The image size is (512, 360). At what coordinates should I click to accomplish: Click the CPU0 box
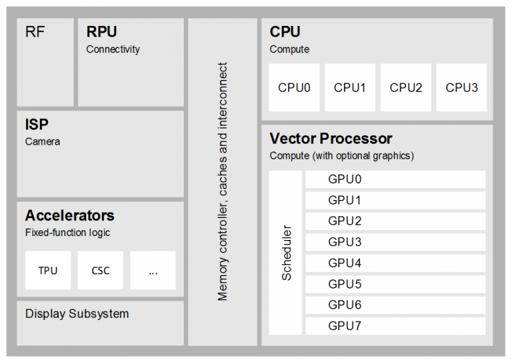294,87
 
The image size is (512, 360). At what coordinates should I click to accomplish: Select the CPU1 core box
350,87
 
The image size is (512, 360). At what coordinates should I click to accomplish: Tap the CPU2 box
406,87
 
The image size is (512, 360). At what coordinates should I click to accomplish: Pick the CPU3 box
461,87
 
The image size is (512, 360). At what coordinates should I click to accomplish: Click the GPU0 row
395,179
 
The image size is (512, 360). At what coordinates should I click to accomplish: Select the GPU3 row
395,242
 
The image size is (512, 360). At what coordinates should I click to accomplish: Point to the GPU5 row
395,284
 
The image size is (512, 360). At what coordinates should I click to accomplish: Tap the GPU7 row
395,326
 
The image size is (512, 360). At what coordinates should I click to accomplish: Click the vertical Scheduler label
287,253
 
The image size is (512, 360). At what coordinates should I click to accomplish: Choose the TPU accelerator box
47,270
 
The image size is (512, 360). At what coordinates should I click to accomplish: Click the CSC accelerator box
100,270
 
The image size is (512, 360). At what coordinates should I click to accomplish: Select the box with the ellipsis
153,270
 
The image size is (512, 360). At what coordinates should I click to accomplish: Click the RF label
35,32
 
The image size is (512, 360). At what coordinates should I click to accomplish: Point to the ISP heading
37,125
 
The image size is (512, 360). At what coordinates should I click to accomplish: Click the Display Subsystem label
77,313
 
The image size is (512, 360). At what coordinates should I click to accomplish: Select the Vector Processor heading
331,139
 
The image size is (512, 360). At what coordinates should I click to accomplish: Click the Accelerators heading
69,216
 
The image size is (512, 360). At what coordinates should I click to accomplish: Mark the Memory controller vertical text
223,181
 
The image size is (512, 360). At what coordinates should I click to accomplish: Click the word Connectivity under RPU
113,49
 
